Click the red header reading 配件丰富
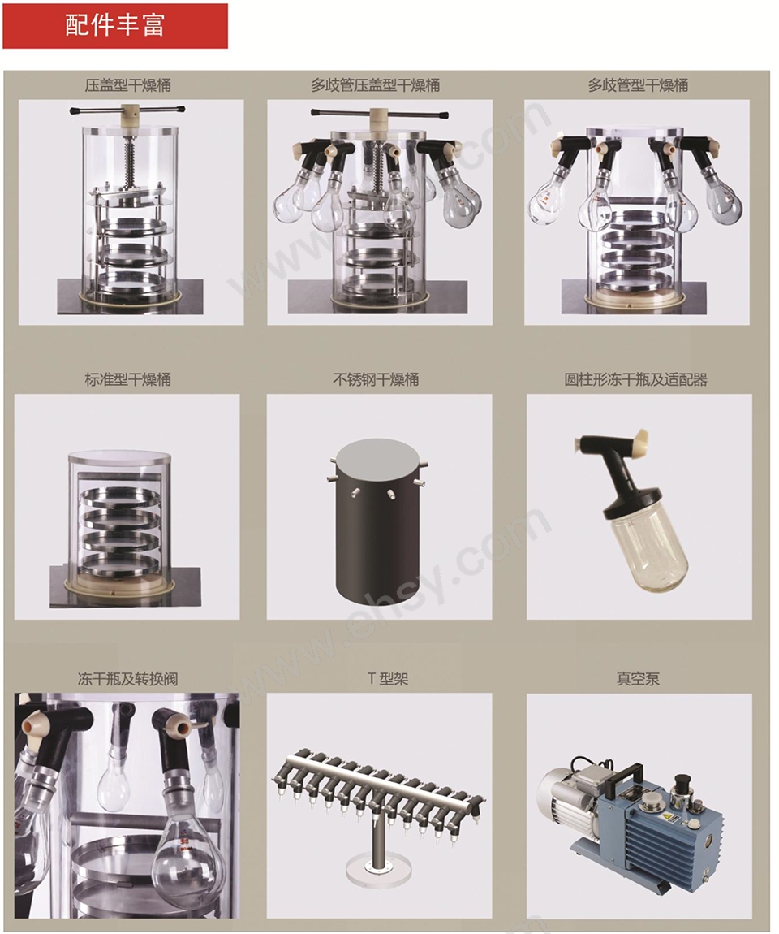[115, 26]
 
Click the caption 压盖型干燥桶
[127, 85]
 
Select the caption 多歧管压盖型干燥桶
[376, 85]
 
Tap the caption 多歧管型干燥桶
[638, 85]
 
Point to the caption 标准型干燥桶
[127, 379]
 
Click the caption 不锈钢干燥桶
[376, 379]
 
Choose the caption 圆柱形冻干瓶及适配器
[635, 379]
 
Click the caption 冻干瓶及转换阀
[127, 678]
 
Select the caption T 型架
[387, 678]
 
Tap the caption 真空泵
[638, 678]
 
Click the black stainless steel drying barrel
[378, 521]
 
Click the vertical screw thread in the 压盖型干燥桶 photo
[131, 158]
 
